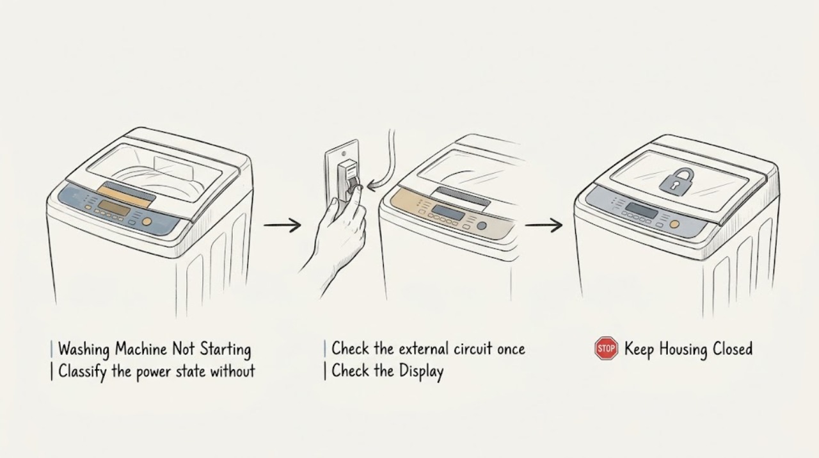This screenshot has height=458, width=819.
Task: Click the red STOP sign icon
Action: click(606, 348)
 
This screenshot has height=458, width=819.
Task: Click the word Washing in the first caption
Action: click(84, 349)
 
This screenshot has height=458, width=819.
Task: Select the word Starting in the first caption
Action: click(225, 349)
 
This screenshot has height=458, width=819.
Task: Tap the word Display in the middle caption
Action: click(421, 372)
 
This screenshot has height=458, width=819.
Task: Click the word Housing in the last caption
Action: click(684, 349)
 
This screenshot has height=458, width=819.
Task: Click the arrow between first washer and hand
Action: click(282, 225)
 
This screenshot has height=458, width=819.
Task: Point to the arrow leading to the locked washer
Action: click(544, 225)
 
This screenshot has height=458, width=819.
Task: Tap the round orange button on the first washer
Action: click(147, 222)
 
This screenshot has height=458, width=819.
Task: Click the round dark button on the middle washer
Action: click(482, 225)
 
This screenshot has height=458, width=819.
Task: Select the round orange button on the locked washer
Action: click(674, 224)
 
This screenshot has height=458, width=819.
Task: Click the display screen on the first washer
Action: click(114, 209)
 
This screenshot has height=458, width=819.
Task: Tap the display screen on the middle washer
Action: click(449, 212)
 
